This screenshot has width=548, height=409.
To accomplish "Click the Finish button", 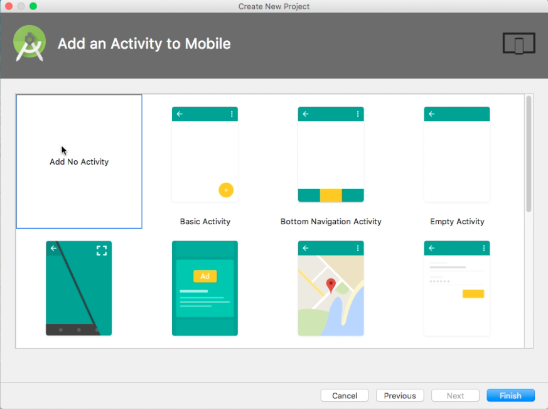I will (510, 396).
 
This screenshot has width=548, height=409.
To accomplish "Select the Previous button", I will (400, 396).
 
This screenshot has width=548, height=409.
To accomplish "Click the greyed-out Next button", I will (455, 396).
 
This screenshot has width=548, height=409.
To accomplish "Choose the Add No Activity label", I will (79, 162).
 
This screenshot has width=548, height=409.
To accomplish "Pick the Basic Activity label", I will (205, 222).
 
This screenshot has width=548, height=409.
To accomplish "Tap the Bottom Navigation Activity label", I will (331, 222).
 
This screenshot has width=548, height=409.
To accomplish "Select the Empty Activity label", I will (457, 222).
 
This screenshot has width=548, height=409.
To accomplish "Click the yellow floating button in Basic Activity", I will (226, 190).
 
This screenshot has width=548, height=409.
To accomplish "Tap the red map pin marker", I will (331, 286).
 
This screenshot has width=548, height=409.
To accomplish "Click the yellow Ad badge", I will (205, 276).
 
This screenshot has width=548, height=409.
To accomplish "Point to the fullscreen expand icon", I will (102, 251).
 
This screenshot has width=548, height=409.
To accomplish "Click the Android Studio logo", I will (29, 43).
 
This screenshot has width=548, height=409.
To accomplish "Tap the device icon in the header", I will (518, 43).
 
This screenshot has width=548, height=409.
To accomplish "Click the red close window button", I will (9, 6).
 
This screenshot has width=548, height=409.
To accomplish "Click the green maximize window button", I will (33, 6).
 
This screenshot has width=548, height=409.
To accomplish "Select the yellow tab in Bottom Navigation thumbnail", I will (331, 195).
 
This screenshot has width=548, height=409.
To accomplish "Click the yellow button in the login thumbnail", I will (473, 293).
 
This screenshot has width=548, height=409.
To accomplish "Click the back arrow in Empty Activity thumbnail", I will (432, 114).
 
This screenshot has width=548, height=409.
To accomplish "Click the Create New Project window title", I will (274, 6).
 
